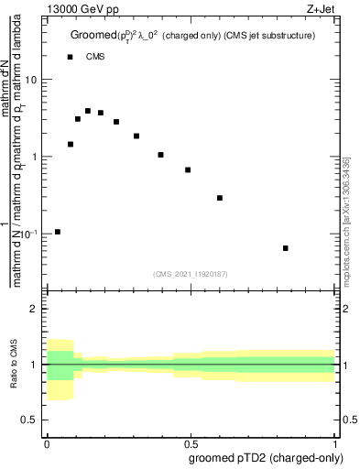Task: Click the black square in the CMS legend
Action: click(70, 57)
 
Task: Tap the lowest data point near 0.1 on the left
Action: click(58, 232)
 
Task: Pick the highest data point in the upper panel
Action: click(88, 111)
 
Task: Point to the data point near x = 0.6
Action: click(220, 198)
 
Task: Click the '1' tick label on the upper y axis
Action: click(36, 157)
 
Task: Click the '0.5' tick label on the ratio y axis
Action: click(31, 420)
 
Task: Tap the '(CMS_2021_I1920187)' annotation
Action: click(190, 274)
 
